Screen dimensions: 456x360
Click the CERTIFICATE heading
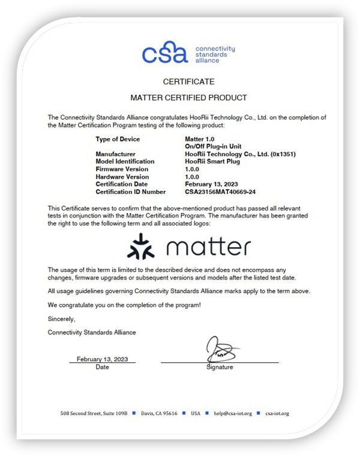pos(188,81)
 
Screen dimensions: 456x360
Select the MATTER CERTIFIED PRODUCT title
pos(188,97)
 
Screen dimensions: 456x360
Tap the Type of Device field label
pos(118,139)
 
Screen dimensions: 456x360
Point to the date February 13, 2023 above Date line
pos(102,359)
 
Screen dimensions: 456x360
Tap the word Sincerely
pos(62,319)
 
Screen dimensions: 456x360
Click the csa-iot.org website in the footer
pos(277,413)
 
